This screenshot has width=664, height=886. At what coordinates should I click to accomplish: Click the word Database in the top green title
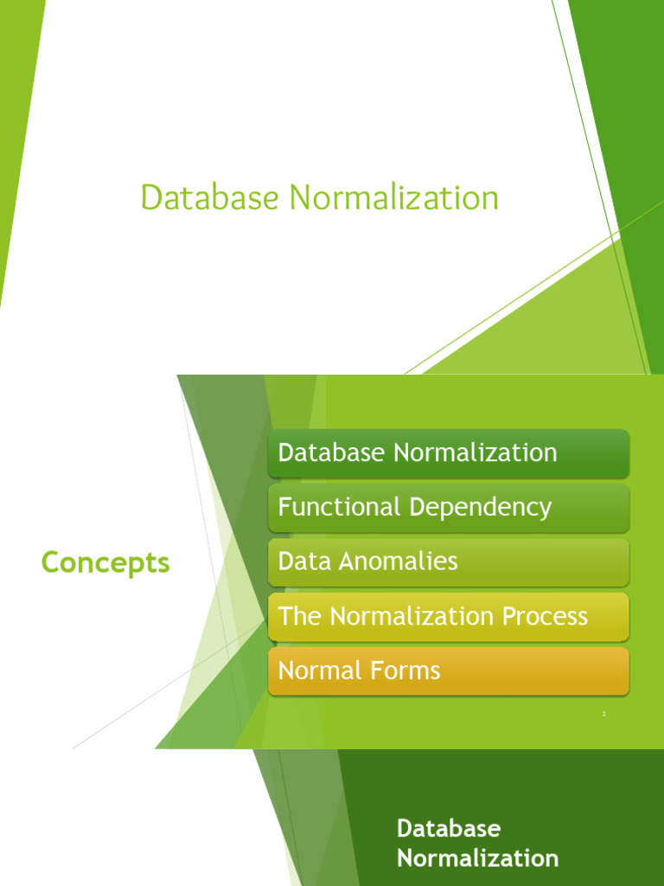click(210, 197)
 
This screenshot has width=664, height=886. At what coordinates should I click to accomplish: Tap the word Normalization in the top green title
click(394, 197)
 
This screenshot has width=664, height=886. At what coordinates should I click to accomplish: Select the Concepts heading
click(105, 563)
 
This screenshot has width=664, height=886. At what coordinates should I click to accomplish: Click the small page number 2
click(604, 714)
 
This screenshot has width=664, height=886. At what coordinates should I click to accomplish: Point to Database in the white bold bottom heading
click(448, 828)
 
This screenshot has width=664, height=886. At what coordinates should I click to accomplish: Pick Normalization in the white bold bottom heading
click(477, 858)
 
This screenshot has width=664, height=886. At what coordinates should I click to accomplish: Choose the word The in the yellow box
click(299, 616)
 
